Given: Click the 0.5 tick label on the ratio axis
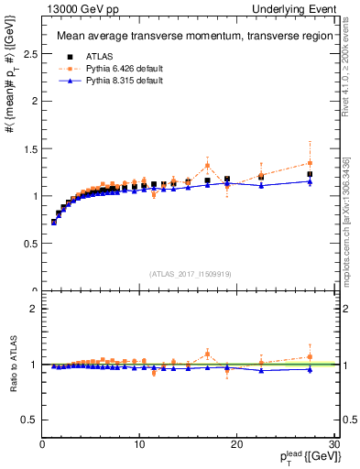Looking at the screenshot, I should coord(29,420).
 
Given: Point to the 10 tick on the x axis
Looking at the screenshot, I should coord(139,444).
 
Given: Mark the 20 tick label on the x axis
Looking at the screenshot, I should coord(236,444).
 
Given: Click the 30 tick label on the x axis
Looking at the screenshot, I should coord(333,444).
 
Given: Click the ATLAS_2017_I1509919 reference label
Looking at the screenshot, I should coord(191,273).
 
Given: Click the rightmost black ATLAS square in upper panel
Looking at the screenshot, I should coord(310,174).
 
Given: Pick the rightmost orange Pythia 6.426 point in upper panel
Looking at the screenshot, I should coord(310,163).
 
